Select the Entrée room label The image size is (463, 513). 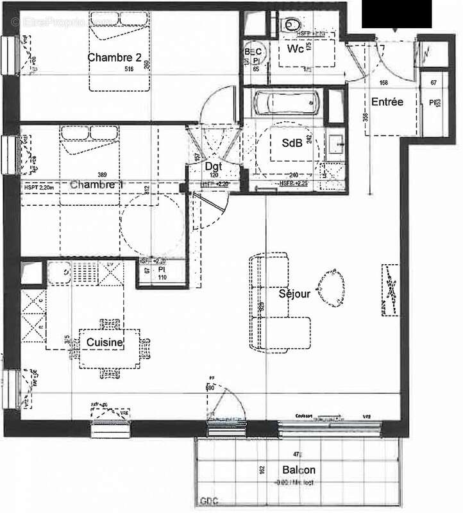pyautogui.click(x=387, y=101)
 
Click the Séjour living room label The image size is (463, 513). pyautogui.click(x=294, y=294)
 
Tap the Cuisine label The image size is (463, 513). pyautogui.click(x=105, y=344)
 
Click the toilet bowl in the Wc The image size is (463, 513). pyautogui.click(x=293, y=24)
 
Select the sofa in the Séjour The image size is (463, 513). pyautogui.click(x=273, y=301)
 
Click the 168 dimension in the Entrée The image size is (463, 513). pyautogui.click(x=385, y=82)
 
